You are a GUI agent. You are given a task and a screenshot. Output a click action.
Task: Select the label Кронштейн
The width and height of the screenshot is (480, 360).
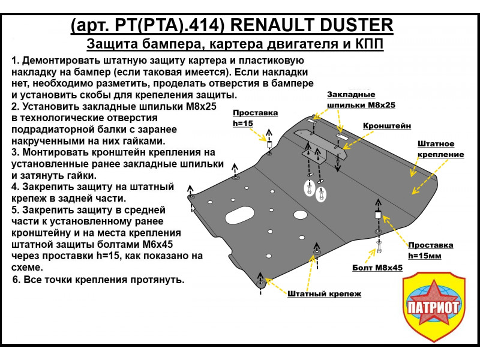pyautogui.click(x=386, y=126)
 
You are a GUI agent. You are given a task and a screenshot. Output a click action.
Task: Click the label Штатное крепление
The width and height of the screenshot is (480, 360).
pyautogui.click(x=440, y=149)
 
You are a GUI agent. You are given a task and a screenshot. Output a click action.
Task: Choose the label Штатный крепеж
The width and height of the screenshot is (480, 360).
pyautogui.click(x=324, y=294)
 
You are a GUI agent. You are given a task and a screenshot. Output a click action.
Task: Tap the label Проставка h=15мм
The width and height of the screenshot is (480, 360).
pyautogui.click(x=430, y=250)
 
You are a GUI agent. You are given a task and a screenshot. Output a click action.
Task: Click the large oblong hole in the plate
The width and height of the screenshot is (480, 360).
pyautogui.click(x=241, y=217)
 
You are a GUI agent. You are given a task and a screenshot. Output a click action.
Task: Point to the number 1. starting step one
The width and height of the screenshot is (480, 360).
pyautogui.click(x=16, y=61)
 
